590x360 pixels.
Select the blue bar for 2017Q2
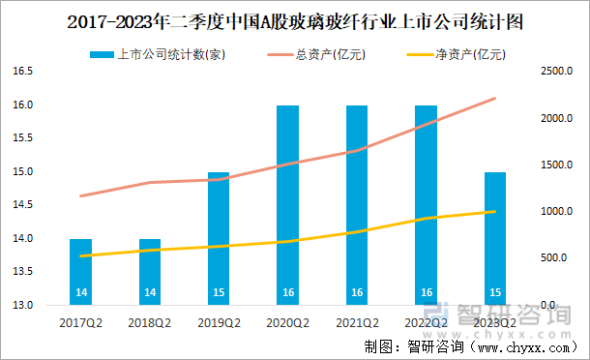[81, 272]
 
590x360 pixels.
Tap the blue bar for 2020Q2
[288, 205]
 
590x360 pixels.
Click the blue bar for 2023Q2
[495, 239]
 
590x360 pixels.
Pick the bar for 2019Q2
[220, 239]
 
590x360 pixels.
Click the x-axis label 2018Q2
[150, 320]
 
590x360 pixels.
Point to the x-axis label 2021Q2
[357, 320]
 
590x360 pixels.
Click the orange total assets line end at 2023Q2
[495, 98]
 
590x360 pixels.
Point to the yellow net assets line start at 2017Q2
[81, 255]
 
